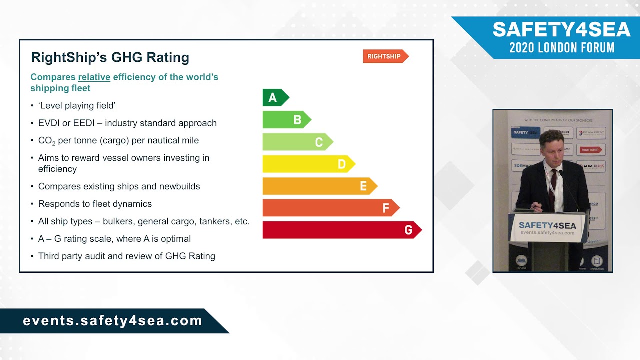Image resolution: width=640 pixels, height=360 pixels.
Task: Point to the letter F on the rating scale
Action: click(385, 208)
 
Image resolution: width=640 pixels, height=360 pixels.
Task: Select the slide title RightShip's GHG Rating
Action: click(110, 57)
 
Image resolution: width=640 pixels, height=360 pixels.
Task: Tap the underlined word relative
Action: click(94, 77)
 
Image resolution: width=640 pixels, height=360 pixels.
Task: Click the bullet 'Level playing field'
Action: click(76, 105)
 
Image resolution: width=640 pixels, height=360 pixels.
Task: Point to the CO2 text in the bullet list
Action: click(46, 141)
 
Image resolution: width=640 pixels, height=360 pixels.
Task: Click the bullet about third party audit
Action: click(126, 256)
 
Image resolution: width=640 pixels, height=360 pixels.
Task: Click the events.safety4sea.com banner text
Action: click(112, 321)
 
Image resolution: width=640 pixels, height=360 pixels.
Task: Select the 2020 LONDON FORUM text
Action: click(561, 48)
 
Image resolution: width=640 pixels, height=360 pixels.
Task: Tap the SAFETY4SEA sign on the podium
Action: click(547, 225)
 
